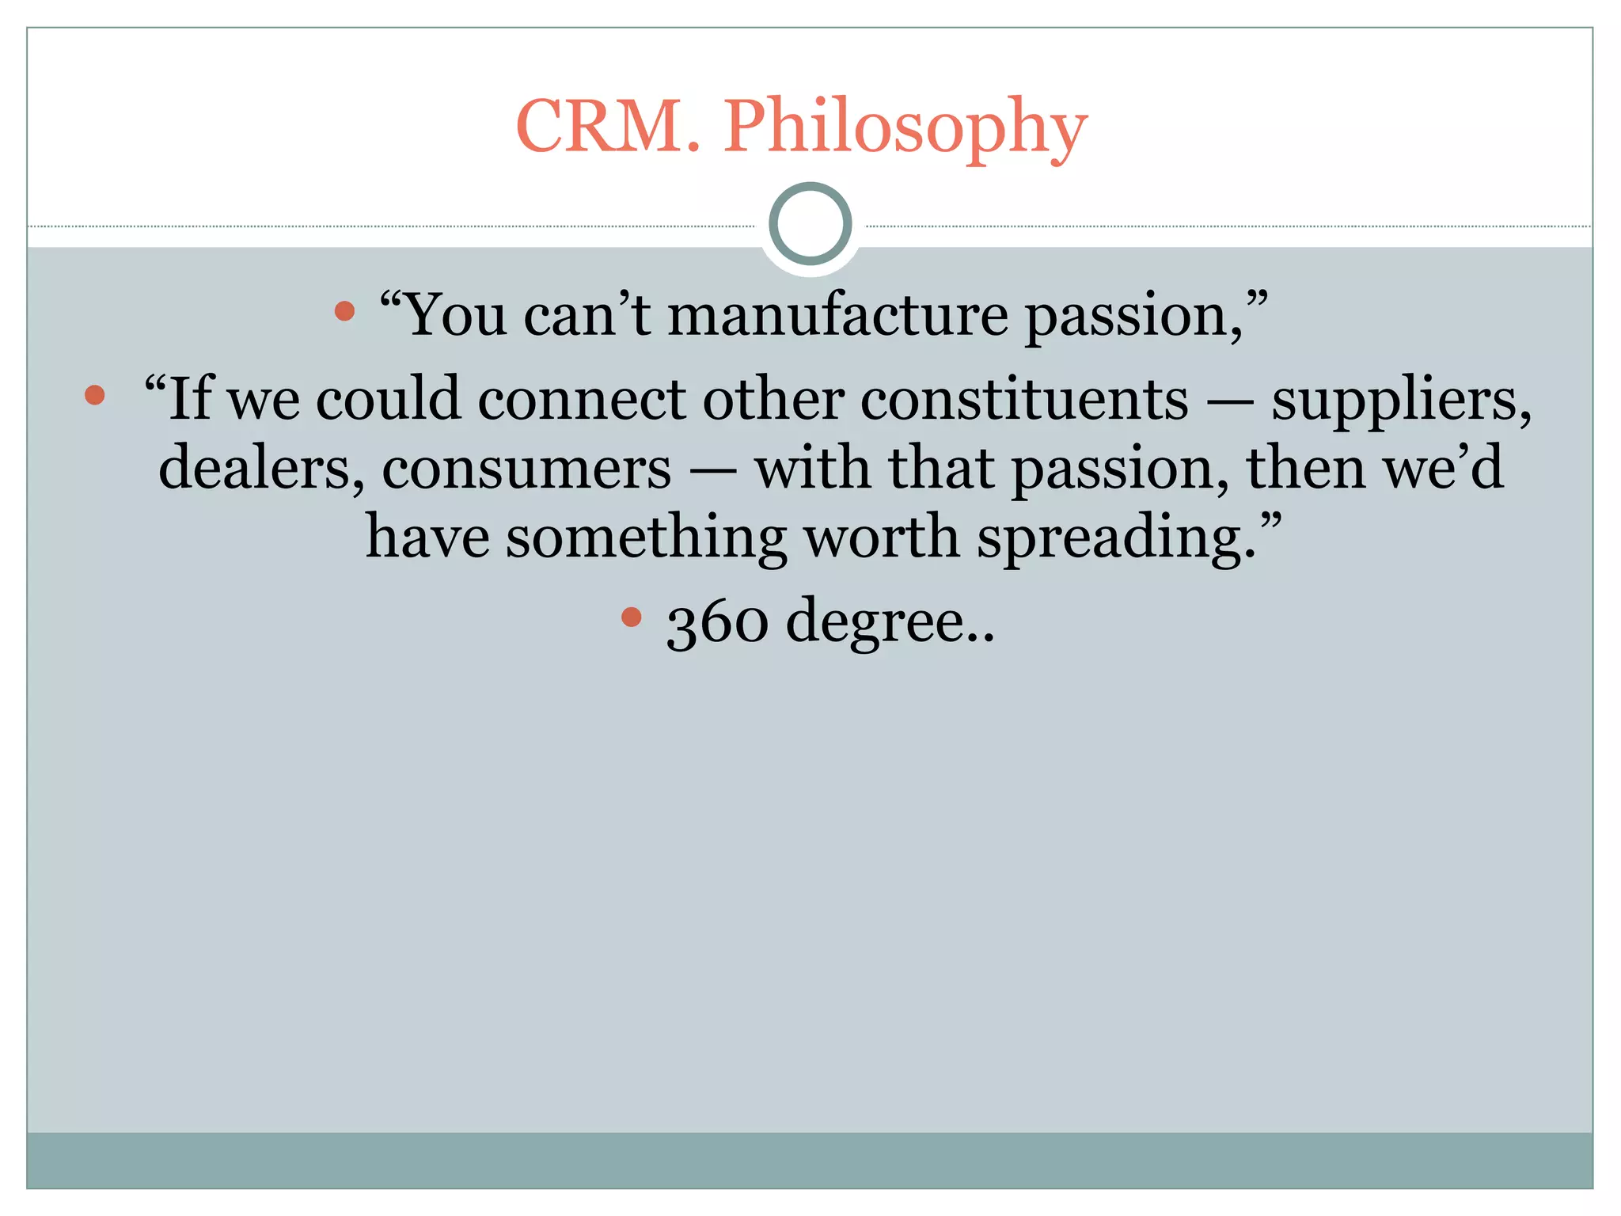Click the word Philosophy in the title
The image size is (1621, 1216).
pyautogui.click(x=905, y=128)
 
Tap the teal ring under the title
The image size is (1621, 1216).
pyautogui.click(x=810, y=224)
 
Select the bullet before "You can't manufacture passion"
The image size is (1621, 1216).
pyautogui.click(x=344, y=311)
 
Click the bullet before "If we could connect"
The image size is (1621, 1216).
pyautogui.click(x=95, y=395)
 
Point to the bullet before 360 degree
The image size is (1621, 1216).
pyautogui.click(x=631, y=617)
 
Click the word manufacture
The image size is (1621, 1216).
pyautogui.click(x=838, y=315)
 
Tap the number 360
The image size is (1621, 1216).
pyautogui.click(x=716, y=622)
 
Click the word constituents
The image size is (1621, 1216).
pyautogui.click(x=1024, y=398)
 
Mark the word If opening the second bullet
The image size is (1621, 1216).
pyautogui.click(x=190, y=398)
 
